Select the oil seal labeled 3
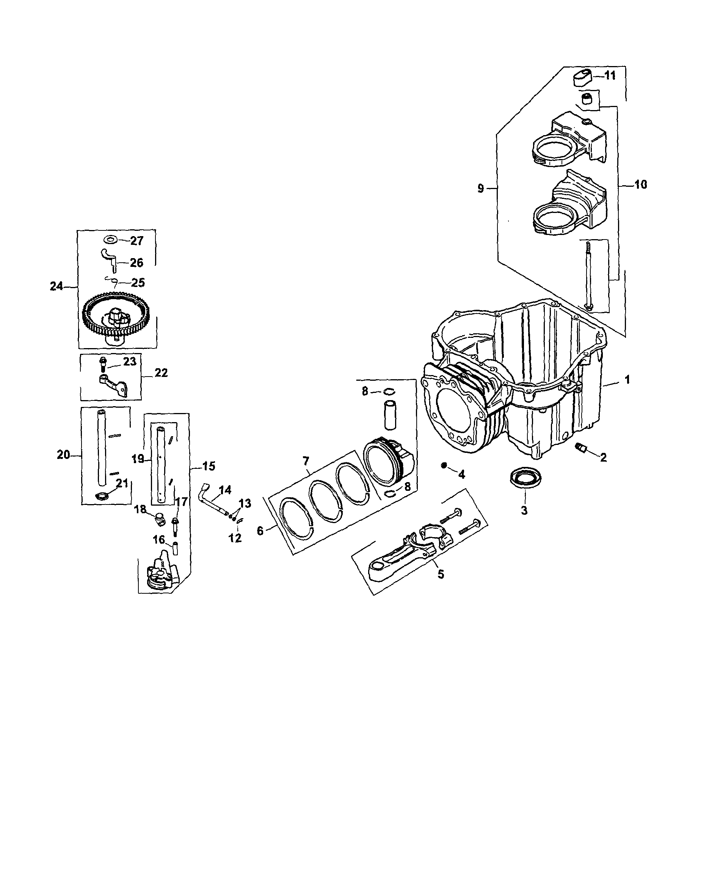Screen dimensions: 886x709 pos(525,478)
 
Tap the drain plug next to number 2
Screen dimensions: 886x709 pos(581,447)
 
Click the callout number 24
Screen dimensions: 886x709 pos(56,287)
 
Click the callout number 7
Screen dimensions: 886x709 pos(306,462)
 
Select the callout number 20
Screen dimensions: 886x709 pos(63,454)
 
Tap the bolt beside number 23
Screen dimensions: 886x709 pos(102,364)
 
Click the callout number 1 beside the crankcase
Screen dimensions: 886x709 pos(627,380)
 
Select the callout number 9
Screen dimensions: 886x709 pos(481,189)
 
